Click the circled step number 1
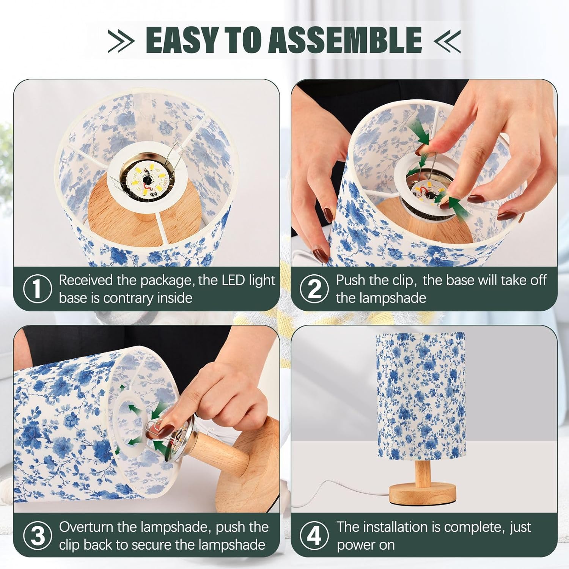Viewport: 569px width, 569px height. pyautogui.click(x=37, y=289)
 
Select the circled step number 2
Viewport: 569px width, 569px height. pyautogui.click(x=314, y=289)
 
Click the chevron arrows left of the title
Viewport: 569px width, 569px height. pyautogui.click(x=121, y=40)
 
